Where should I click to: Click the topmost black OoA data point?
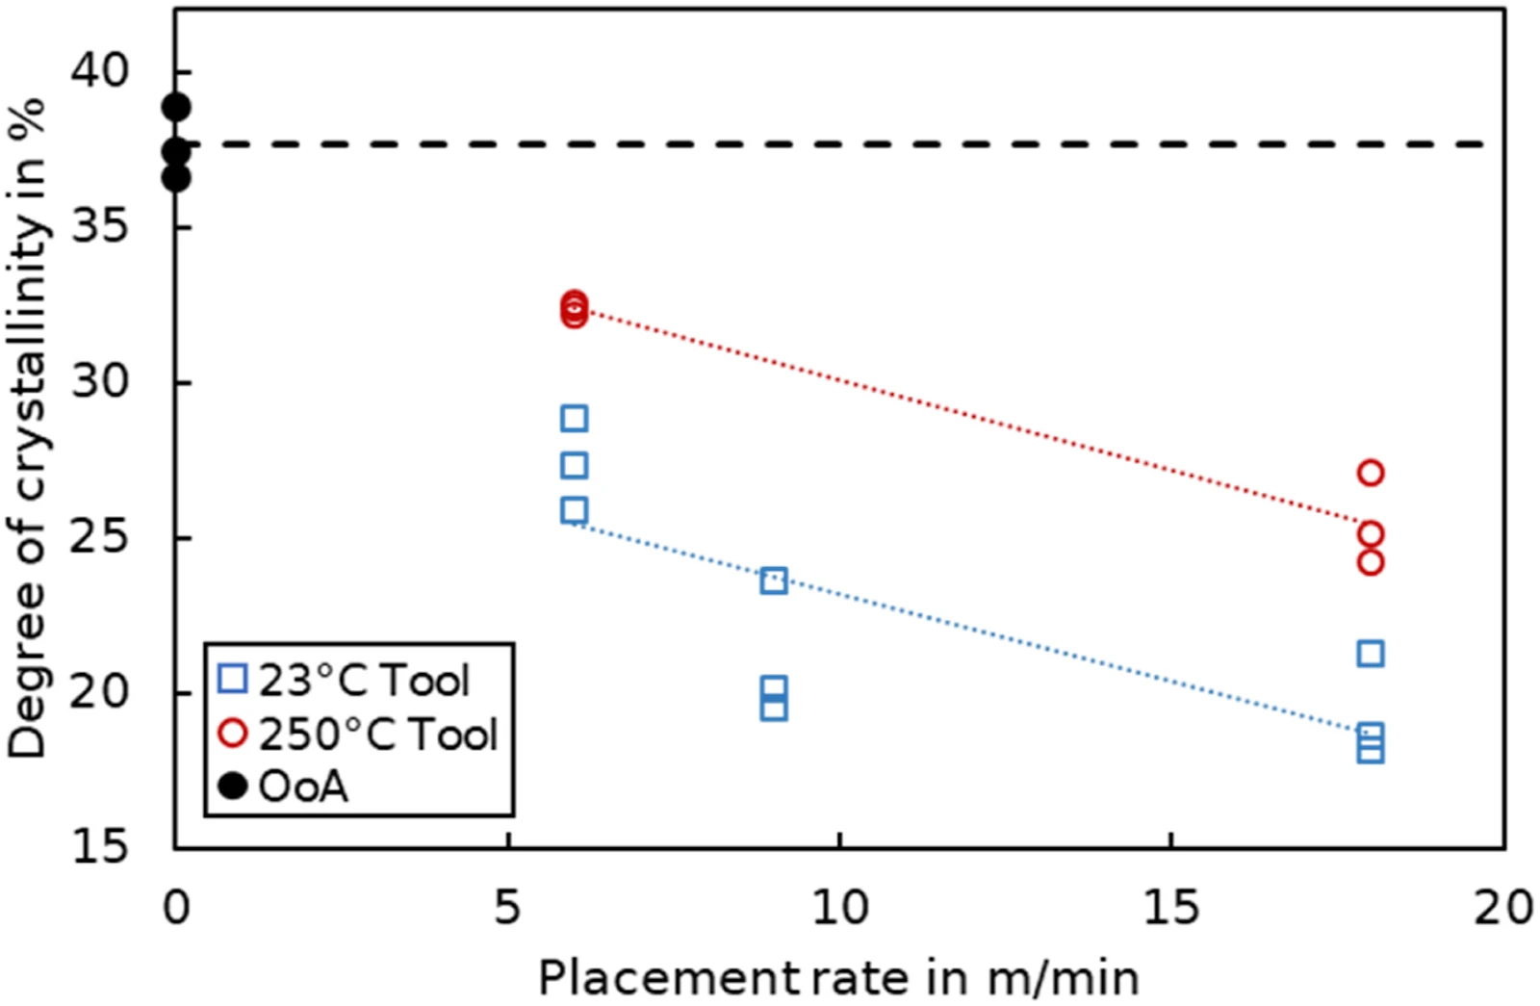(x=176, y=107)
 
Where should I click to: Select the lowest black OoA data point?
(x=176, y=178)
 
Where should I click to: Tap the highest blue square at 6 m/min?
(x=574, y=418)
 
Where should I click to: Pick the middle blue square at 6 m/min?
(x=574, y=466)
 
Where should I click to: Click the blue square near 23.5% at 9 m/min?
(x=774, y=581)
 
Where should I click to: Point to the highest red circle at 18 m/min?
(x=1371, y=473)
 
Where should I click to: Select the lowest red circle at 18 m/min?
(x=1371, y=562)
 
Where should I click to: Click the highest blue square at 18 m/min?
(x=1371, y=654)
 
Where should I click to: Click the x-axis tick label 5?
(x=506, y=908)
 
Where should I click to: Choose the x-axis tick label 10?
(x=840, y=908)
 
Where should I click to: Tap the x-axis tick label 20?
(x=1503, y=908)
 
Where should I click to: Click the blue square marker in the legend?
(x=232, y=678)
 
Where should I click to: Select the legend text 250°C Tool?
(x=378, y=735)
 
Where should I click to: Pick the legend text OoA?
(x=303, y=787)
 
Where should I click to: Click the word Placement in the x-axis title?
(x=669, y=978)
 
